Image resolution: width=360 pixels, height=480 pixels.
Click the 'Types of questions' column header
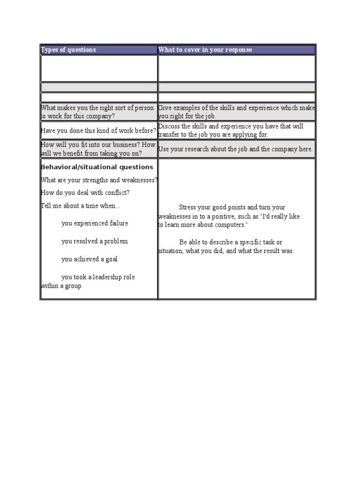click(x=68, y=50)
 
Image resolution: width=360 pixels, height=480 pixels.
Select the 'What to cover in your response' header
click(x=205, y=50)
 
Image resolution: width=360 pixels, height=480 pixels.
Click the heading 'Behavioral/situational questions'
click(x=97, y=167)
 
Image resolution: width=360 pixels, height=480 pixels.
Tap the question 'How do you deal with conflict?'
click(x=85, y=193)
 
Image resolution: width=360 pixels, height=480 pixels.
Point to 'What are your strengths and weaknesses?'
click(x=99, y=180)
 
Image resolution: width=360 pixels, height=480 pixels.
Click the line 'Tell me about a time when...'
click(x=81, y=206)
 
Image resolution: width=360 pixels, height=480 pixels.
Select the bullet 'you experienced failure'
click(x=94, y=223)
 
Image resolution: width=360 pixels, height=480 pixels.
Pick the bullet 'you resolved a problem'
click(x=94, y=241)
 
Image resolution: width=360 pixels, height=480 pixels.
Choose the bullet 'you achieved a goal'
click(x=89, y=259)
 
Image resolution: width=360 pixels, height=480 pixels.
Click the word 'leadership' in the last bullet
click(x=109, y=277)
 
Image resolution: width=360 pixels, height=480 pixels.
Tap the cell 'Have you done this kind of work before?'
click(x=98, y=131)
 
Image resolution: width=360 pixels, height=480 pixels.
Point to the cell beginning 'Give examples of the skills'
click(x=237, y=112)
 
